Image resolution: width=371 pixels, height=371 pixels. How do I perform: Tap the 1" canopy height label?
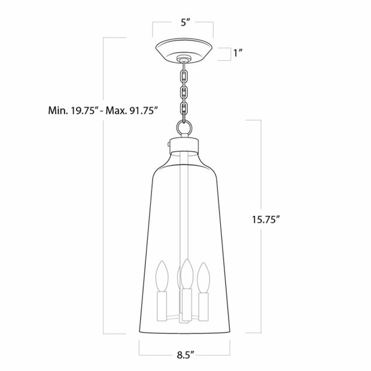click(238, 54)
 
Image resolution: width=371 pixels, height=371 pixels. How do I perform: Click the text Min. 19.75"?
click(74, 111)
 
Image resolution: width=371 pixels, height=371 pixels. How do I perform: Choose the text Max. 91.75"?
click(131, 111)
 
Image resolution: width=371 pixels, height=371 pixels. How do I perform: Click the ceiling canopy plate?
click(184, 51)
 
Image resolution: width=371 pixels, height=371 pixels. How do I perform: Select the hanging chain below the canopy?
click(184, 90)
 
